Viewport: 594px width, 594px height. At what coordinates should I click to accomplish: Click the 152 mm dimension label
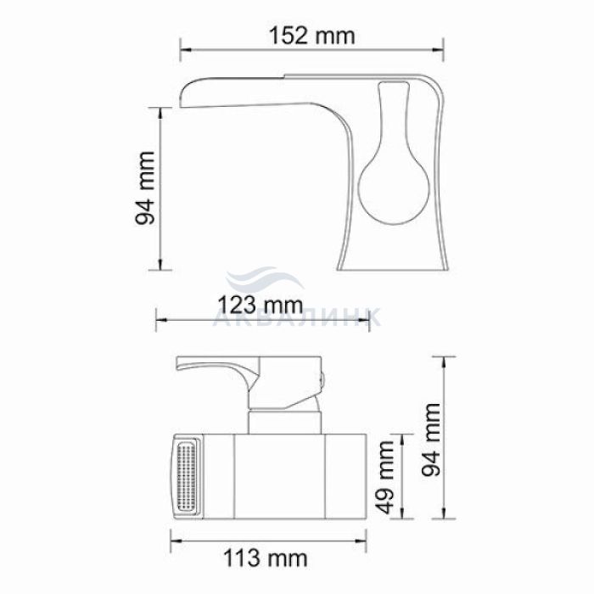[x=311, y=36]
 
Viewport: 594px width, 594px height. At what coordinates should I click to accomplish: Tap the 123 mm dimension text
[x=261, y=305]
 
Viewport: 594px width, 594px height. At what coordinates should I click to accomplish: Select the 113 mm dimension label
[x=265, y=558]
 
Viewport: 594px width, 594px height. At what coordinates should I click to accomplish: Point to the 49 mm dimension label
[x=386, y=477]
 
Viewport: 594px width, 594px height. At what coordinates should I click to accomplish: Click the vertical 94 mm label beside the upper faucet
[x=145, y=188]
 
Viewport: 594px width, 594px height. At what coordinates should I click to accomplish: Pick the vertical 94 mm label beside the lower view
[x=431, y=440]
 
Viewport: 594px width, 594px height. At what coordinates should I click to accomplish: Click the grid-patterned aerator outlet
[x=187, y=477]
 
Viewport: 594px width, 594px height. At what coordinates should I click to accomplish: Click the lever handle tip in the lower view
[x=179, y=364]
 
